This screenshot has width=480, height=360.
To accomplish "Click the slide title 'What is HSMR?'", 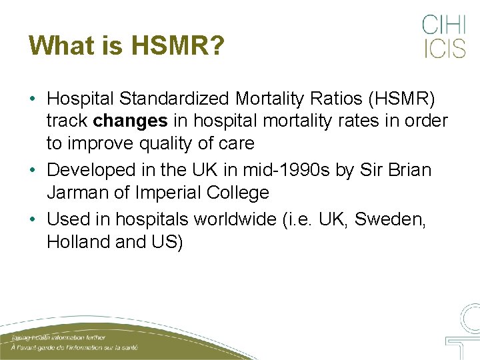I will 127,45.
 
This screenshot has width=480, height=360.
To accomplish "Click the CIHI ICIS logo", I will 443,37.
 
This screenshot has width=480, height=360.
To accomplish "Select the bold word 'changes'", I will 131,121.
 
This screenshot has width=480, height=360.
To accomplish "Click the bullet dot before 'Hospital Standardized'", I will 32,99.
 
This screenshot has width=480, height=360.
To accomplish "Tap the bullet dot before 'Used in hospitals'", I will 32,219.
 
